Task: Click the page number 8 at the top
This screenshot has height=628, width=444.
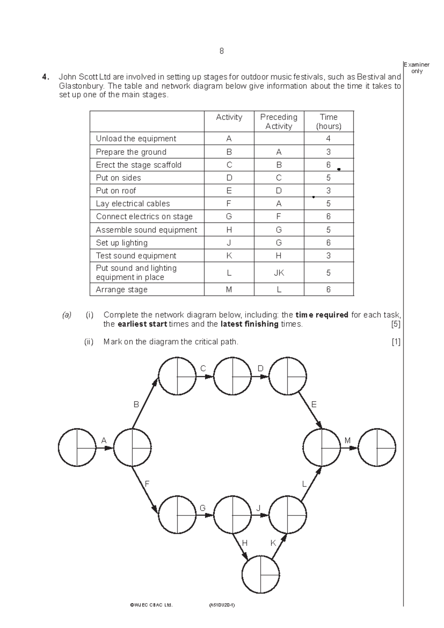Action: [221, 51]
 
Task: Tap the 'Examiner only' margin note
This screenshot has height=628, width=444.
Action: [417, 68]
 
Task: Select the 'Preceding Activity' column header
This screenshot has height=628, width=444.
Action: [279, 121]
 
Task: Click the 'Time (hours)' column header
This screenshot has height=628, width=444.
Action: [329, 121]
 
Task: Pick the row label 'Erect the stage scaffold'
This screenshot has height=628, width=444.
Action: [139, 165]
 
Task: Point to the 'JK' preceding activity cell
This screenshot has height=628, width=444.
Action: [279, 273]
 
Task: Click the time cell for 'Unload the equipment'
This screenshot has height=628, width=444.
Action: [329, 138]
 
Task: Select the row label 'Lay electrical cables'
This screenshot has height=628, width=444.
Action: [133, 203]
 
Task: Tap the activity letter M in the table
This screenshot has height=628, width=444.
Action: [229, 290]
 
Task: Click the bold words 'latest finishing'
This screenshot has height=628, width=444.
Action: [249, 324]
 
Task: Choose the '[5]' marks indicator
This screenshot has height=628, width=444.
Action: [396, 324]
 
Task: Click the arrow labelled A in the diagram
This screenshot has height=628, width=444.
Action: [104, 448]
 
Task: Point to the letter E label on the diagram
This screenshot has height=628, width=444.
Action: [314, 404]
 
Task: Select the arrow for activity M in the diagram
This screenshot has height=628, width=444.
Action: [349, 448]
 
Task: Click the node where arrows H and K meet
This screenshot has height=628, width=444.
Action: [260, 575]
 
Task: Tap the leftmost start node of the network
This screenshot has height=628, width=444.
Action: [77, 448]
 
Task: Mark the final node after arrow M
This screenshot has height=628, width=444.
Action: [377, 448]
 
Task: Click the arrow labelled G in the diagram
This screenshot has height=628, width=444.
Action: [205, 515]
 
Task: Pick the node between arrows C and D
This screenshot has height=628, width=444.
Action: [232, 376]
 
